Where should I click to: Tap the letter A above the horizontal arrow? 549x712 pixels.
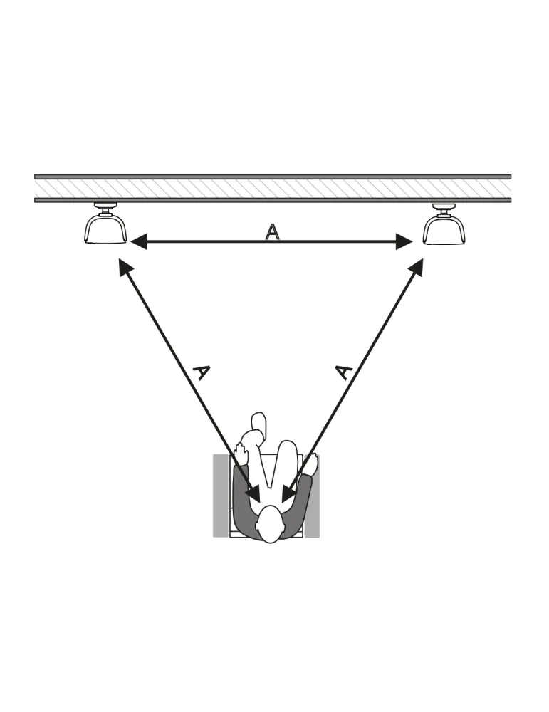coord(272,231)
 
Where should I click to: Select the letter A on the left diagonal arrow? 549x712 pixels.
coord(201,372)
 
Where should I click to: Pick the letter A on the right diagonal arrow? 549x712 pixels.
coord(344,372)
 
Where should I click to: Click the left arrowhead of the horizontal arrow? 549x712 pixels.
coord(139,241)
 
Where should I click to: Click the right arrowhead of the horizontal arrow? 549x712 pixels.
coord(404,241)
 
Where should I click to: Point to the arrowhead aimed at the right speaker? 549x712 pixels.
coord(417,267)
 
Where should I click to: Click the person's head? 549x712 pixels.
coord(271,523)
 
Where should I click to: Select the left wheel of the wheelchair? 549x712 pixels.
coord(221,496)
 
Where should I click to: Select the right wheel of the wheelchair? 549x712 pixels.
coord(312,496)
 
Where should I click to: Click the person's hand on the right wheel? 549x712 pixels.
coord(311,464)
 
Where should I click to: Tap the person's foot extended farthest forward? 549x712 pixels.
coord(258,422)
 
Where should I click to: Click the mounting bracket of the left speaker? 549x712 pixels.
coord(105,209)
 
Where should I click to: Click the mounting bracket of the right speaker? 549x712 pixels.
coord(444,209)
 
